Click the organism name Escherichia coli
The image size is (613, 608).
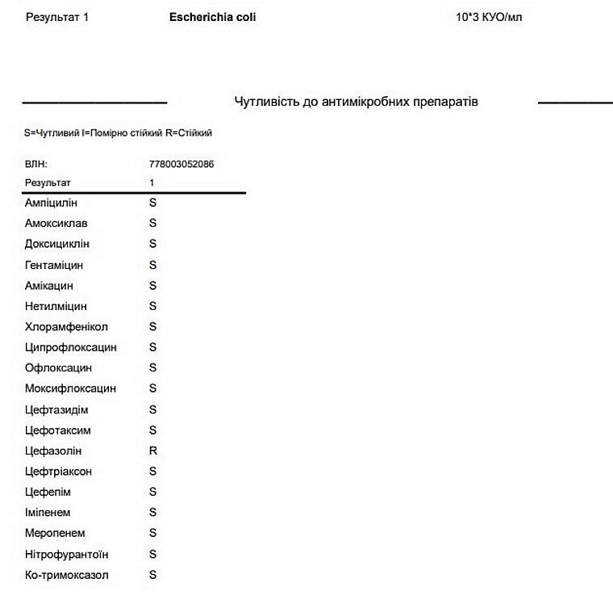(213, 16)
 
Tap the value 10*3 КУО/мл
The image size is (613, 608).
(489, 16)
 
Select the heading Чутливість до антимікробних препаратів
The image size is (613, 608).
(356, 102)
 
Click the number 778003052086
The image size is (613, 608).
(181, 164)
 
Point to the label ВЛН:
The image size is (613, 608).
(36, 164)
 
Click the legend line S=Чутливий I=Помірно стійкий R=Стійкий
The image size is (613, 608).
(118, 132)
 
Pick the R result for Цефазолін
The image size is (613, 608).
(153, 451)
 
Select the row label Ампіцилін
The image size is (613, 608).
(51, 203)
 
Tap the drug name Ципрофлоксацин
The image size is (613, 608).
(71, 347)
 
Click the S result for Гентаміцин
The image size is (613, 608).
(153, 265)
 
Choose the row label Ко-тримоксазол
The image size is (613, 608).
(67, 575)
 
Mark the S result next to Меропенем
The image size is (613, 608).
(153, 533)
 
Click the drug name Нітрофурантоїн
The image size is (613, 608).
(67, 555)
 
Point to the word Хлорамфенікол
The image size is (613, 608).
(66, 327)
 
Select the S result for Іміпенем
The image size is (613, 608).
(153, 512)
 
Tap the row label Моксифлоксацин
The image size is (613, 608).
(70, 388)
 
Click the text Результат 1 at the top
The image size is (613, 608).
(57, 16)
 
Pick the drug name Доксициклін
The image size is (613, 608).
(57, 244)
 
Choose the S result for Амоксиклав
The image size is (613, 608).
(153, 223)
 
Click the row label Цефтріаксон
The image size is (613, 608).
(58, 472)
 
